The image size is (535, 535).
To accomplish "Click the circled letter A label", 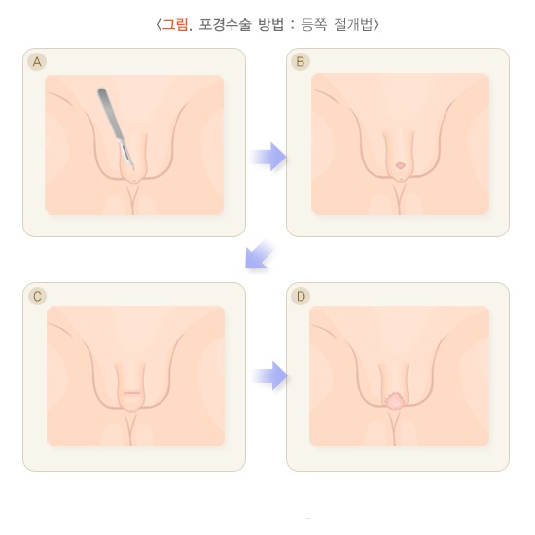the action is pos(37,61).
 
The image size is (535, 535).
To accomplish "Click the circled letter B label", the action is pos(301,61).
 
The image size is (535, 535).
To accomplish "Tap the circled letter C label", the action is pos(37,296).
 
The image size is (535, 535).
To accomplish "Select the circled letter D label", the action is pos(301,296).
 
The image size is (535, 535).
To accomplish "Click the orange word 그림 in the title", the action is pos(174,24).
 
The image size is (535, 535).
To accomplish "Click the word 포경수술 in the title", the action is pos(225,24).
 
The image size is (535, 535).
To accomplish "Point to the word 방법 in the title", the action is pos(271,24).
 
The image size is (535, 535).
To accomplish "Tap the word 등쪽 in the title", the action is pos(314,24).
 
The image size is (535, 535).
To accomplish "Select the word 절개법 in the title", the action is pos(353,24).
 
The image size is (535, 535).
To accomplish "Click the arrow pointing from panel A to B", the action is pos(268,157).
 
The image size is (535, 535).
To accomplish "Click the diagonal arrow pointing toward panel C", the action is pos(259,255).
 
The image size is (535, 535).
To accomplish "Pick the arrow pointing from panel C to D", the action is pos(269,375).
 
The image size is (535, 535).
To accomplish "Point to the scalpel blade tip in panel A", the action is pos(133,169).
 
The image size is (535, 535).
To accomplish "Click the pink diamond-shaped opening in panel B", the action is pos(400,165).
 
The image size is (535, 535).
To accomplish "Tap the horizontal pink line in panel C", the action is pos(131,393).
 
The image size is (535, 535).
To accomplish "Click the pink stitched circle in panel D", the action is pos(393,401).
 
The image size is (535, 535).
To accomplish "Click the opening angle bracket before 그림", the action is pos(158,25).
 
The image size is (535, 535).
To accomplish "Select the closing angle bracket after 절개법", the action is pos(376,25).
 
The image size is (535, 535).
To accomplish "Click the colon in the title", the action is pos(293,25).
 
